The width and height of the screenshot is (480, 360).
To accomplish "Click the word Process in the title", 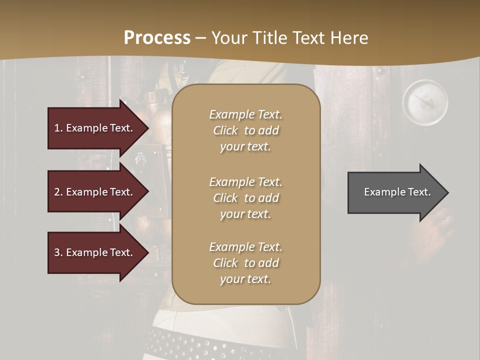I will (157, 38).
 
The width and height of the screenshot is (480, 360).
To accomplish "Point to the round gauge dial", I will (425, 102).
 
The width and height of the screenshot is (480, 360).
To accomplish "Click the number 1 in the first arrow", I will (57, 128).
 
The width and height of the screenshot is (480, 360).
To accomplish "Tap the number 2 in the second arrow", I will (57, 192).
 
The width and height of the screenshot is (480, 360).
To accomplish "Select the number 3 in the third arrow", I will (57, 252).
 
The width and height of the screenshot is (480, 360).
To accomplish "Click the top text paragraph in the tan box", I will (245, 130).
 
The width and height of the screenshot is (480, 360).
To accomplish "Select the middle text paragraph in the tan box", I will (245, 198).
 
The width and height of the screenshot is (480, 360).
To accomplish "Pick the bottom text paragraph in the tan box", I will (245, 263).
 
